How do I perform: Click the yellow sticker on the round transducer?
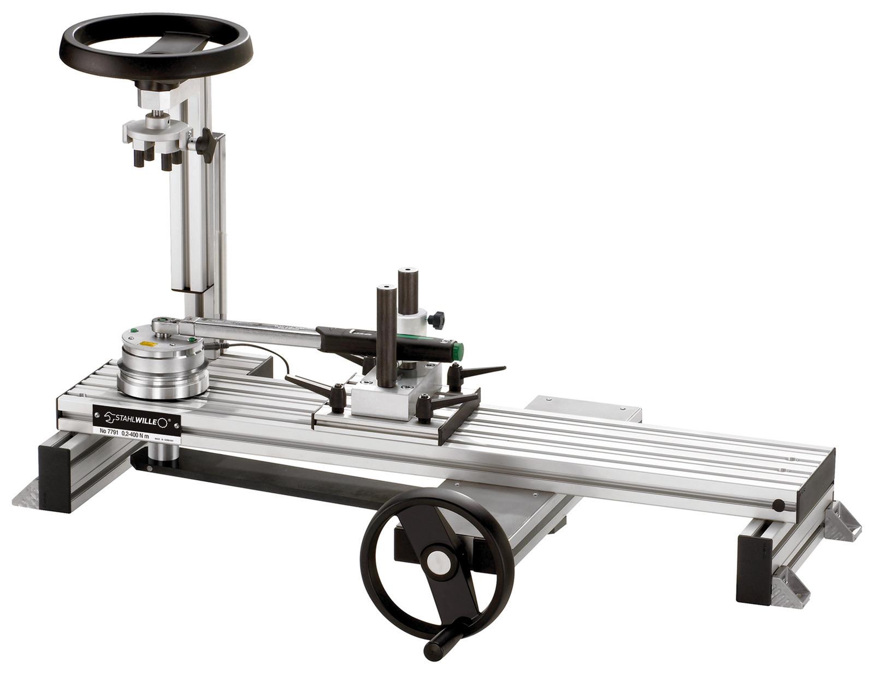tap(147, 344)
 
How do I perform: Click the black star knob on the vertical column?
tap(206, 144)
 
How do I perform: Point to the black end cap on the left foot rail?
tap(55, 478)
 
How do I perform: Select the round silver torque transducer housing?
tap(163, 366)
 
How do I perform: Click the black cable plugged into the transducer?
tap(257, 349)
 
